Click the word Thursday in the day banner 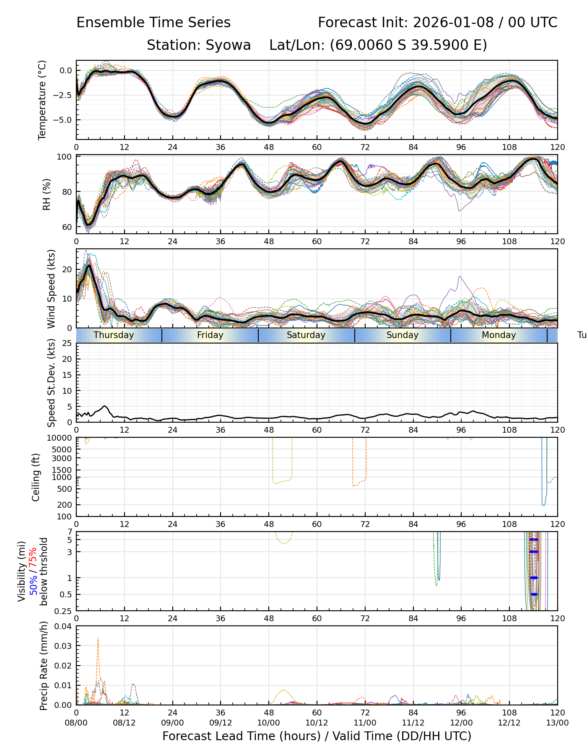click(x=114, y=335)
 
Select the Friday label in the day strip click(x=210, y=335)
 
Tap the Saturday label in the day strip click(x=306, y=335)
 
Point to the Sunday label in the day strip click(x=403, y=335)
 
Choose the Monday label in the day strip click(x=499, y=335)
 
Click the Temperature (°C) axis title click(x=42, y=100)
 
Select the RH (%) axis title click(x=47, y=194)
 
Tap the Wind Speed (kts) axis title click(x=51, y=289)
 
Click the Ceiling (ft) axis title click(x=36, y=477)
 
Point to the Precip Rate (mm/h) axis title click(x=44, y=666)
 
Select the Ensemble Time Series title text click(x=153, y=23)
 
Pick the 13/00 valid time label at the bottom click(x=557, y=723)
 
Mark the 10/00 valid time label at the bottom click(x=269, y=723)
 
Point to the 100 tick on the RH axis click(x=65, y=157)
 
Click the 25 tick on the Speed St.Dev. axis click(x=67, y=343)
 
